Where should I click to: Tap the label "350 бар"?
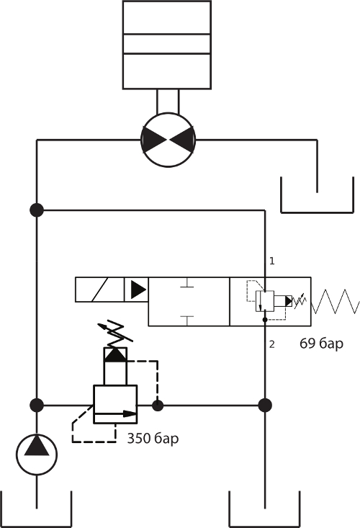pyautogui.click(x=153, y=439)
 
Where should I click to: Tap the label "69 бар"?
pyautogui.click(x=321, y=344)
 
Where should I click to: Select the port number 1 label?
pyautogui.click(x=272, y=261)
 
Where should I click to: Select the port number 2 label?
pyautogui.click(x=272, y=344)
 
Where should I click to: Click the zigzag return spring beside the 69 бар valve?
pyautogui.click(x=335, y=301)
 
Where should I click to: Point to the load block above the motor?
pyautogui.click(x=167, y=45)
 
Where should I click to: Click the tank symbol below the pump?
pyautogui.click(x=36, y=527)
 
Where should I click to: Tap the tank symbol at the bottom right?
pyautogui.click(x=264, y=527)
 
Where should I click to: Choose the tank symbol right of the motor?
pyautogui.click(x=317, y=212)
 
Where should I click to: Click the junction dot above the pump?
pyautogui.click(x=37, y=405)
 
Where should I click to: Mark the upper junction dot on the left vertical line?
pyautogui.click(x=37, y=210)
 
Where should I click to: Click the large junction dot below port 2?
pyautogui.click(x=265, y=405)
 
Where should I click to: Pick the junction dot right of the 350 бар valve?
pyautogui.click(x=158, y=406)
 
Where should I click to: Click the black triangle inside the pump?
pyautogui.click(x=37, y=446)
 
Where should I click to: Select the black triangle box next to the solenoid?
pyautogui.click(x=137, y=290)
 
